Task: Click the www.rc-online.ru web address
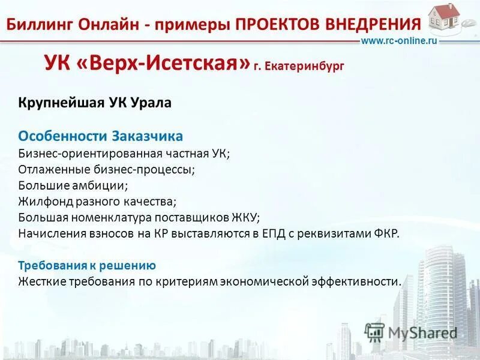398,40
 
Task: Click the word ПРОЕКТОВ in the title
277,25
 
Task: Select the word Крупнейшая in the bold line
53,103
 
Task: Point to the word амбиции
103,185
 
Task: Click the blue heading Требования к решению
87,265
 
